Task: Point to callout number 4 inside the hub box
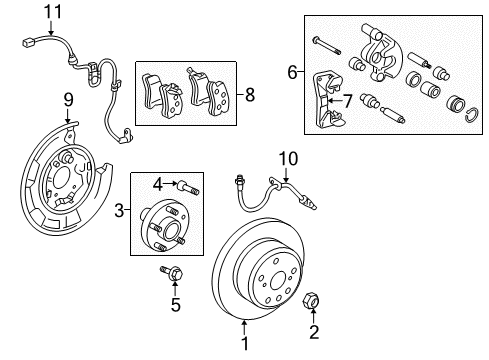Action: click(x=158, y=183)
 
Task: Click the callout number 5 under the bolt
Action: click(x=175, y=303)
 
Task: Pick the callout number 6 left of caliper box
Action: click(x=292, y=72)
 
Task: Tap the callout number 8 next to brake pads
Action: click(x=250, y=96)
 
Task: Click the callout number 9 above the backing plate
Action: click(x=69, y=98)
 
